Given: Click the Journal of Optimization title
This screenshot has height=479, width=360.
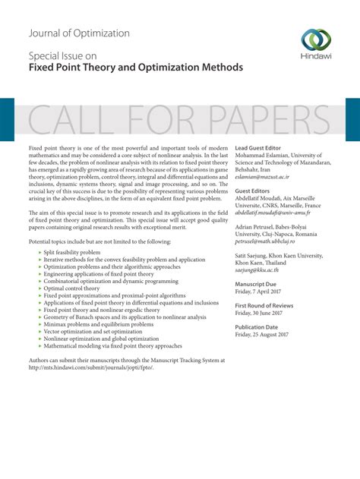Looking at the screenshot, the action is point(79,33).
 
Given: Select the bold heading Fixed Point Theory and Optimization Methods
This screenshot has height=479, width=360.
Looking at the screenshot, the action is point(135,68).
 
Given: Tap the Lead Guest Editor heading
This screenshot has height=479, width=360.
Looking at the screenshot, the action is point(258,147).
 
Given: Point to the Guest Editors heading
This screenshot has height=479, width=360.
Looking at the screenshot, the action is point(254,191).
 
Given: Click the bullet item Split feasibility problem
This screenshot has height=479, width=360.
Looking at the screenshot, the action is point(71,251).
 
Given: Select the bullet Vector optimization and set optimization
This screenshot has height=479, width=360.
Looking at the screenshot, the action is point(93,332).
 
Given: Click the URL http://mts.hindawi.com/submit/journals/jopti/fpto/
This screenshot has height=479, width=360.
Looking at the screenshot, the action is point(90,367).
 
